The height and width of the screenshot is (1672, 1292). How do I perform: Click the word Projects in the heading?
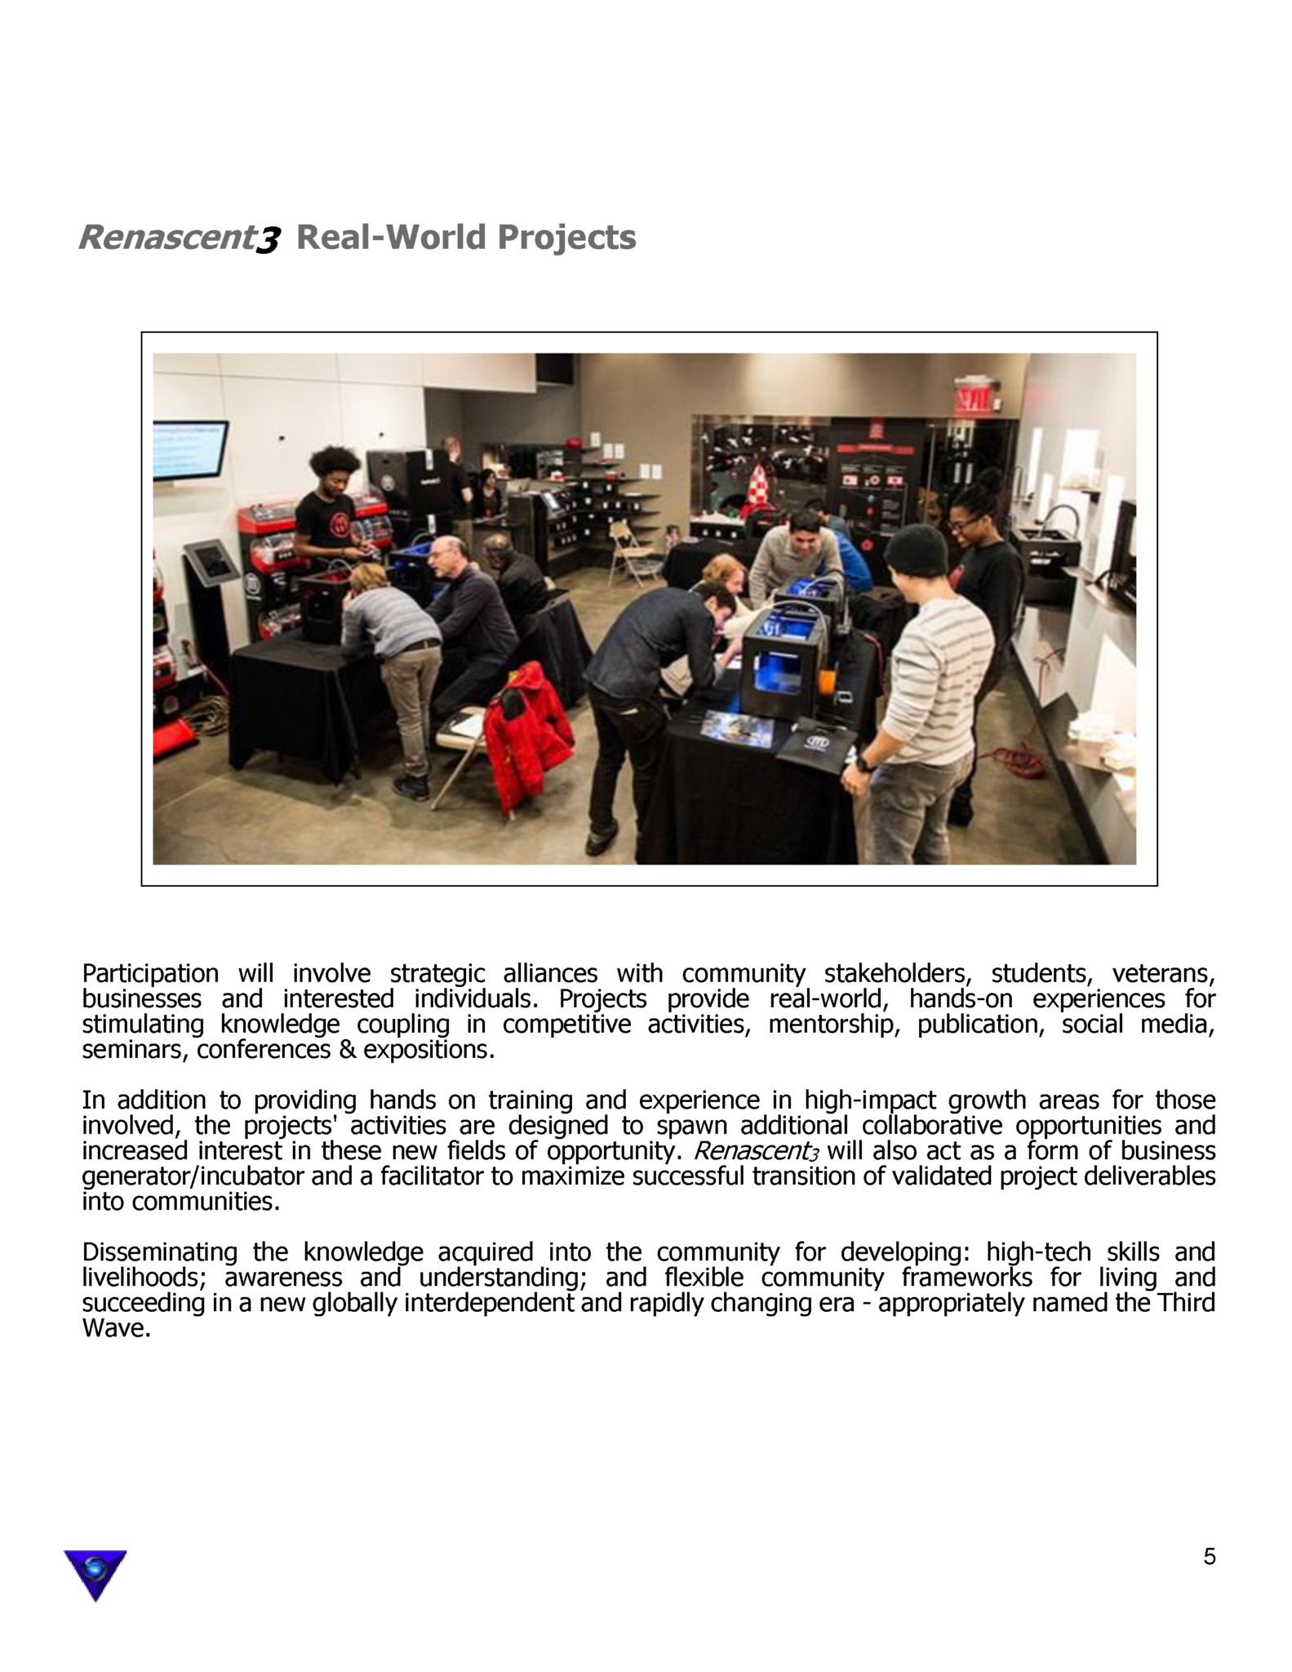pos(566,238)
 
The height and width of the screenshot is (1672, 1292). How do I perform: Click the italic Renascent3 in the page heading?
pos(180,238)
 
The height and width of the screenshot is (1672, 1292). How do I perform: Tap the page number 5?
pos(1209,1557)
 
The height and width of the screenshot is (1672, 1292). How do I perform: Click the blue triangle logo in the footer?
pos(95,1572)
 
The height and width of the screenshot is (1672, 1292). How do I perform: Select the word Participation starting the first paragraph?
pos(150,973)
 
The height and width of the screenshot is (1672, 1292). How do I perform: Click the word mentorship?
pos(832,1024)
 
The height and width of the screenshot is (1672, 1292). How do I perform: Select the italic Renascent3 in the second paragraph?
pos(756,1151)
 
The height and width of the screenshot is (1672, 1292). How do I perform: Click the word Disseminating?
pos(159,1252)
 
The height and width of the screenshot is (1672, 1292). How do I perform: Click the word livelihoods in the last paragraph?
pos(143,1277)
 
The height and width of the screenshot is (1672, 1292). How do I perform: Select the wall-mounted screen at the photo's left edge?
pos(189,451)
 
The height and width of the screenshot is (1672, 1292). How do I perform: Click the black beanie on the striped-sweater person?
pos(917,549)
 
